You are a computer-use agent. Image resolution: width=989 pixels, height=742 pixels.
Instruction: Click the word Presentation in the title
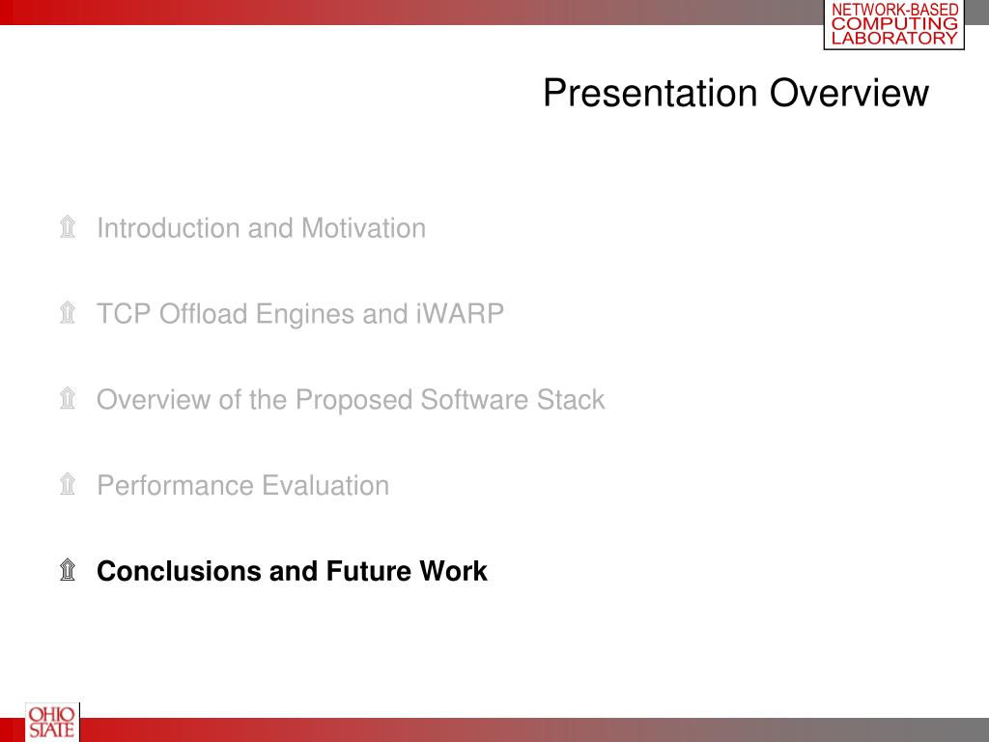click(x=650, y=94)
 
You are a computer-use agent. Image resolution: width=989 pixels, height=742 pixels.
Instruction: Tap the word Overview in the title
click(x=849, y=94)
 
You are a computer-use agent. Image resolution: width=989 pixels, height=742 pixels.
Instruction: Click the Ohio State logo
click(x=52, y=723)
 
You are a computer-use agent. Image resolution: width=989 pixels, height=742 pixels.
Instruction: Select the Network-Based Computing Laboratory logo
click(x=894, y=24)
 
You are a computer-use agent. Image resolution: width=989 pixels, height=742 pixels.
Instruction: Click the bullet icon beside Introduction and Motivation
click(x=68, y=226)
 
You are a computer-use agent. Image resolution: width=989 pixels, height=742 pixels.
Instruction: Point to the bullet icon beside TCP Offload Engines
click(x=68, y=312)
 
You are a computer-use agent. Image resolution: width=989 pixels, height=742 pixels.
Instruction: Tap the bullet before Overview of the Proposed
click(x=68, y=398)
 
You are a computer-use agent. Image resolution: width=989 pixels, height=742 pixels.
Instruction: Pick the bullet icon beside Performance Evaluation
click(x=68, y=484)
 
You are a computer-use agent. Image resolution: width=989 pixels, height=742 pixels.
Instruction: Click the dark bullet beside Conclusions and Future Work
click(x=68, y=570)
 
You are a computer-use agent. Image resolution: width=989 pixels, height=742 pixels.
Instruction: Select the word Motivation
click(x=363, y=228)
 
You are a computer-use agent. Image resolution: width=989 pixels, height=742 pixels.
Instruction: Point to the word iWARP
click(x=460, y=314)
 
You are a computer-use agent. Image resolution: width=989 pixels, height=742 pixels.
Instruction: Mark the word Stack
click(x=571, y=399)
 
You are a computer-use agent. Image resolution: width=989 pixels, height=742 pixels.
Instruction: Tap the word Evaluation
click(x=325, y=485)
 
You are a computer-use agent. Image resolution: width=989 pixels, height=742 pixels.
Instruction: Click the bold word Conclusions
click(x=179, y=571)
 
